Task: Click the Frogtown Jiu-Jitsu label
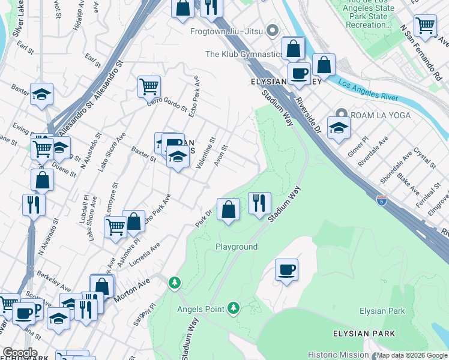point(228,31)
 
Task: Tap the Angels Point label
point(201,310)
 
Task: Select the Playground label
point(237,247)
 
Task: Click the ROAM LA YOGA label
point(381,115)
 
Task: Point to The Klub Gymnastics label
point(244,54)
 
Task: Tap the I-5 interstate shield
point(381,199)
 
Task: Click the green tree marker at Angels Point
point(234,309)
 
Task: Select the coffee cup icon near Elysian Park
point(287,269)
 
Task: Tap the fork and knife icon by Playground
point(259,203)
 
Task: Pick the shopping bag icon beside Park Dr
point(228,209)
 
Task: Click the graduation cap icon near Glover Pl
point(339,128)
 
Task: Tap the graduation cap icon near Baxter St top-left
point(42,95)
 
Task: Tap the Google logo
point(19,353)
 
